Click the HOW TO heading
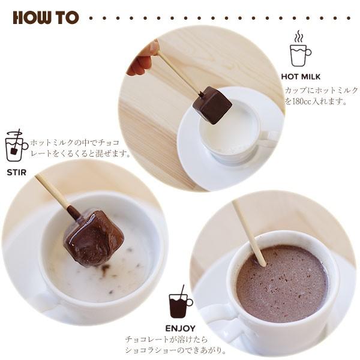[46, 17]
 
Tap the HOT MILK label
[300, 77]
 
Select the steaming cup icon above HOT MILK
[299, 50]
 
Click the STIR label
[16, 172]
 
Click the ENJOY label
[180, 328]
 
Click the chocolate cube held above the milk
[212, 105]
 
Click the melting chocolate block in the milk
[93, 237]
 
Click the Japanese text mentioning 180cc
[320, 96]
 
